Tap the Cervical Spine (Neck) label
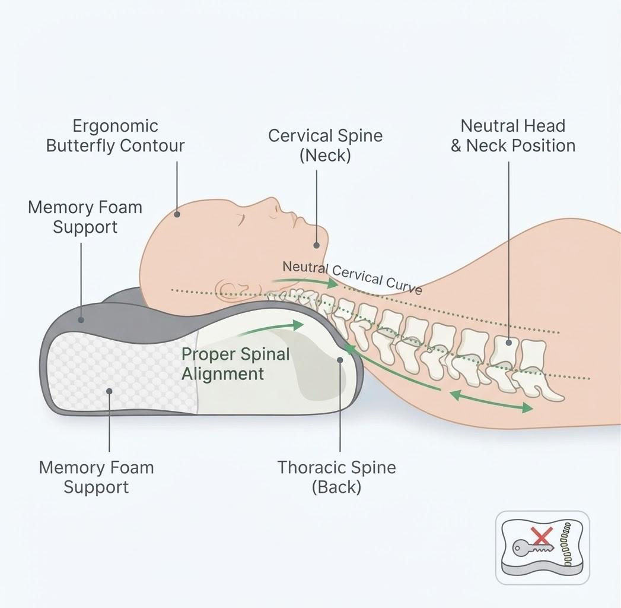click(325, 145)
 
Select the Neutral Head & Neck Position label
click(513, 136)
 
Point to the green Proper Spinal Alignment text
click(235, 364)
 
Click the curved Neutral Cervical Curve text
click(352, 277)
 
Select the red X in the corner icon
click(541, 537)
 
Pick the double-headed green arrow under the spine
click(491, 401)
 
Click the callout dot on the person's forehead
click(177, 214)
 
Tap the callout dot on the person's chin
click(317, 245)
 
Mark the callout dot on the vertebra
click(509, 343)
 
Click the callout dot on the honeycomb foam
click(109, 391)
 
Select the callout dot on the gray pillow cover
click(81, 319)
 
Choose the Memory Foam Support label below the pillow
click(96, 477)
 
